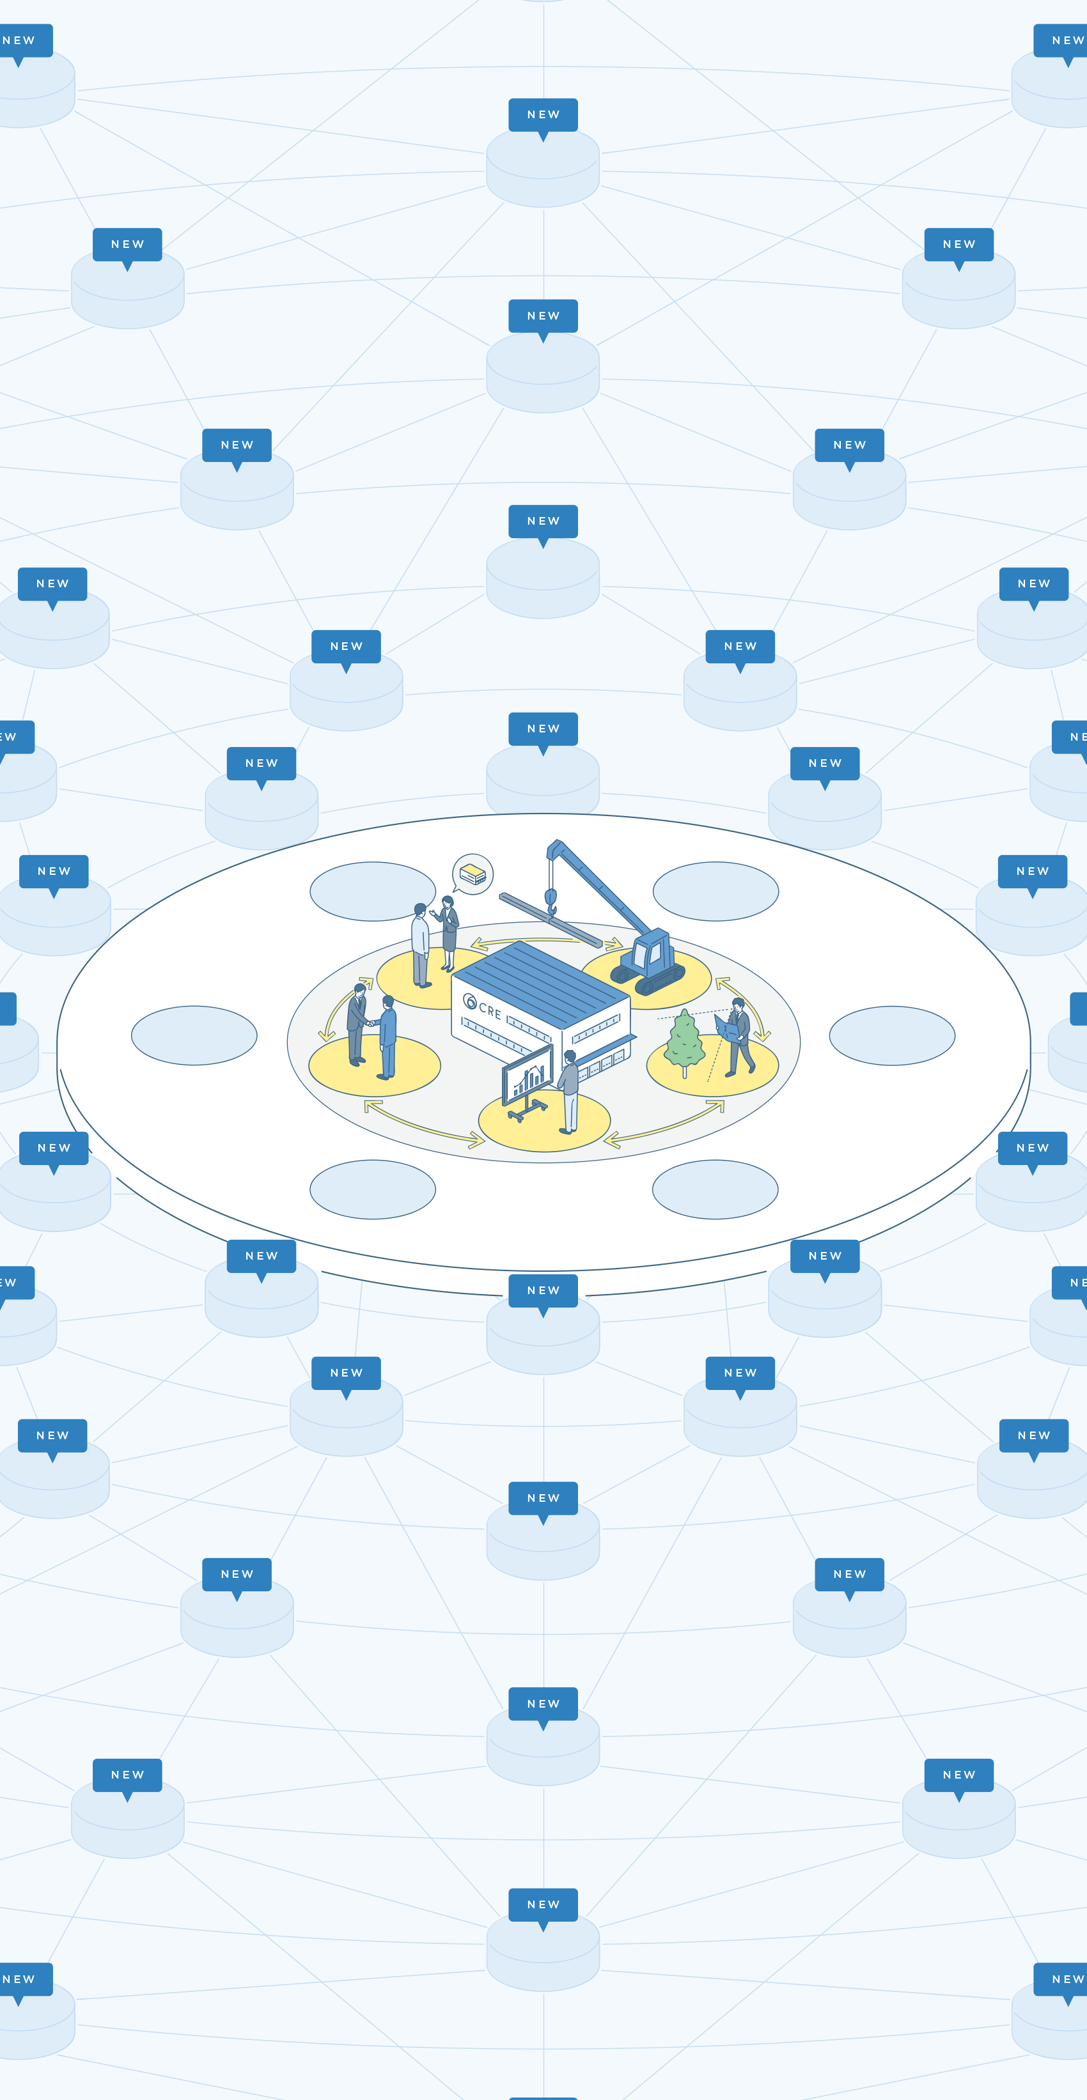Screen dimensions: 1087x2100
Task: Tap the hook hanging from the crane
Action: [x=551, y=901]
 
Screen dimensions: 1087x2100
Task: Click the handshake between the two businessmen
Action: [x=370, y=1023]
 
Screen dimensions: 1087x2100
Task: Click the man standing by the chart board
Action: [x=568, y=1092]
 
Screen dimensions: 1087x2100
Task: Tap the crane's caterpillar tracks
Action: [x=648, y=975]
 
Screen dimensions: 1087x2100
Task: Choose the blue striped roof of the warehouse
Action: [x=541, y=982]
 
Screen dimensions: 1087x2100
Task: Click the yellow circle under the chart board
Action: [x=544, y=1122]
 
